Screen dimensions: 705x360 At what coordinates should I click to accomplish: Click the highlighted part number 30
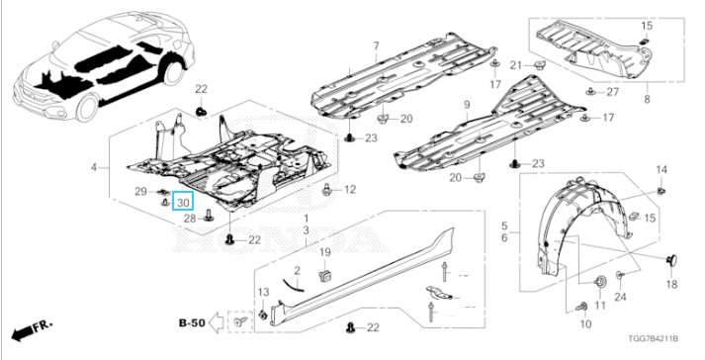(184, 201)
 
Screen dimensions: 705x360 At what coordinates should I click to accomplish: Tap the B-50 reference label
(193, 322)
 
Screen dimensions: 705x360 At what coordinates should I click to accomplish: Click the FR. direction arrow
(33, 329)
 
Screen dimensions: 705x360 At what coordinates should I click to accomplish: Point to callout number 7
(376, 45)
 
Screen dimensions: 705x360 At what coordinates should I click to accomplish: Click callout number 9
(467, 105)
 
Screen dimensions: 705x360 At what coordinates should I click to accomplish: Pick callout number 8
(647, 99)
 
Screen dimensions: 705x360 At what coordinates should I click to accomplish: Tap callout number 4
(94, 168)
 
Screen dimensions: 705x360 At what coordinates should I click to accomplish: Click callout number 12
(349, 190)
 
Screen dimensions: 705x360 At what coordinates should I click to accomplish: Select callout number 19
(325, 252)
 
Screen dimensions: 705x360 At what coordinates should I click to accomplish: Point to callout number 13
(263, 293)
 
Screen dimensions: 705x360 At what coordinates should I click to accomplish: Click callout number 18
(671, 285)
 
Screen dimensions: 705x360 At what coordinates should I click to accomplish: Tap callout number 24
(621, 297)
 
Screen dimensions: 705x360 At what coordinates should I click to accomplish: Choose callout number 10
(585, 324)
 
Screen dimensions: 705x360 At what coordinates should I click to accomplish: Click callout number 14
(661, 170)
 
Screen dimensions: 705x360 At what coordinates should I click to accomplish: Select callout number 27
(612, 92)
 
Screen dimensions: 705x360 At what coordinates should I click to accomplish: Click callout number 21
(516, 65)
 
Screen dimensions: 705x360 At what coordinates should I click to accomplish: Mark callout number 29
(141, 191)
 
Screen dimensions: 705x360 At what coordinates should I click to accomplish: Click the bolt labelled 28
(209, 216)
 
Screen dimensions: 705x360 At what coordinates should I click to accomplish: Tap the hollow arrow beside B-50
(217, 322)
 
